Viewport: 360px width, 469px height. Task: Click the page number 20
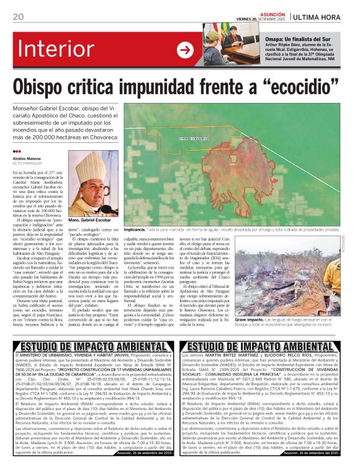pos(18,16)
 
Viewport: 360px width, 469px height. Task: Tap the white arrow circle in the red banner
pos(185,49)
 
